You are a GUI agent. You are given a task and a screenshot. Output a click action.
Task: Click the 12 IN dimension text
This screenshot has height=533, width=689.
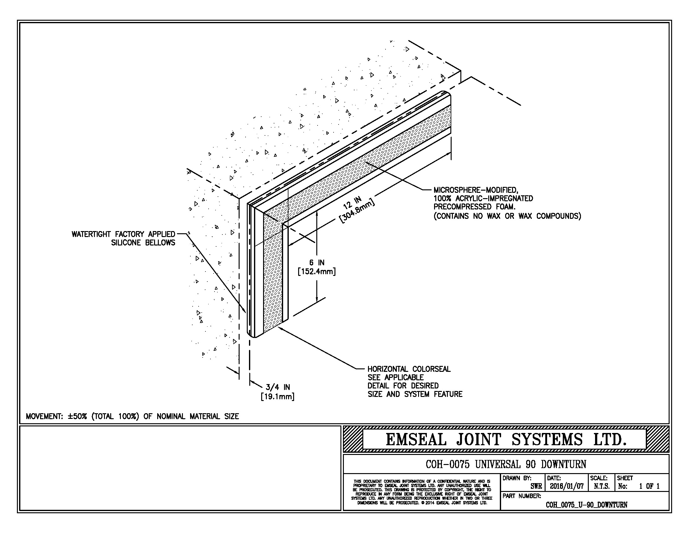(352, 203)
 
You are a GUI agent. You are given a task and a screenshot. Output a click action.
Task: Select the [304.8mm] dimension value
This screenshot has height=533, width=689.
(357, 211)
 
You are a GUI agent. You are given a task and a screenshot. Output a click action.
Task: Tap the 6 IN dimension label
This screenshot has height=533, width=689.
(317, 263)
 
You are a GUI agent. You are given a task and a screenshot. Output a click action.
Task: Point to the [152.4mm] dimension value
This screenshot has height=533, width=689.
(317, 271)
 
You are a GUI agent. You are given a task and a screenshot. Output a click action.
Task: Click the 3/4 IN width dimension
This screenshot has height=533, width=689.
(277, 387)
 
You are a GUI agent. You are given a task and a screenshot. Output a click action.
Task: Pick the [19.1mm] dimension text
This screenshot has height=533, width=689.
(277, 396)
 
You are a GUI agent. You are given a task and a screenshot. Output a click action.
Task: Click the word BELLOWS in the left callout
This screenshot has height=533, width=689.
(160, 243)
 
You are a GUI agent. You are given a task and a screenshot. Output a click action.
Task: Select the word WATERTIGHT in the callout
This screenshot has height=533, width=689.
(91, 234)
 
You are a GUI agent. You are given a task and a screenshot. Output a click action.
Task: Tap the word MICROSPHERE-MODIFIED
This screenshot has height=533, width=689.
(476, 190)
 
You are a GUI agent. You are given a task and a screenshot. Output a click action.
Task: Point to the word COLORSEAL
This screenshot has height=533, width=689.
(431, 369)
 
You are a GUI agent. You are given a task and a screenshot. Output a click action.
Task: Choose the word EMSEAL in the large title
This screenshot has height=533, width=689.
(416, 440)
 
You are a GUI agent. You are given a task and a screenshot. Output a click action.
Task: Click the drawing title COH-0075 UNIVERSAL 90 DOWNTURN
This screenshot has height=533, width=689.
(506, 464)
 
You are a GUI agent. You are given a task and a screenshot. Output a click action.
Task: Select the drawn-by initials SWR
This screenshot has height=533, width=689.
(536, 486)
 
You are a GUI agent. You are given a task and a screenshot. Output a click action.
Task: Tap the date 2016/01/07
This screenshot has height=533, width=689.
(567, 486)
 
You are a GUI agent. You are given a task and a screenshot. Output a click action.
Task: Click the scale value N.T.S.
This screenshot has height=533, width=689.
(602, 486)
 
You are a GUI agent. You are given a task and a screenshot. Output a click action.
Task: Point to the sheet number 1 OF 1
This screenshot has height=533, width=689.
(649, 486)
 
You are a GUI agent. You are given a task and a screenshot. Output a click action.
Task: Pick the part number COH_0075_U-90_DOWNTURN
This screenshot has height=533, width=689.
(587, 504)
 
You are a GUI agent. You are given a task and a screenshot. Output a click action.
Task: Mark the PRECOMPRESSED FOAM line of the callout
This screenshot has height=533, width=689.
(474, 207)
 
